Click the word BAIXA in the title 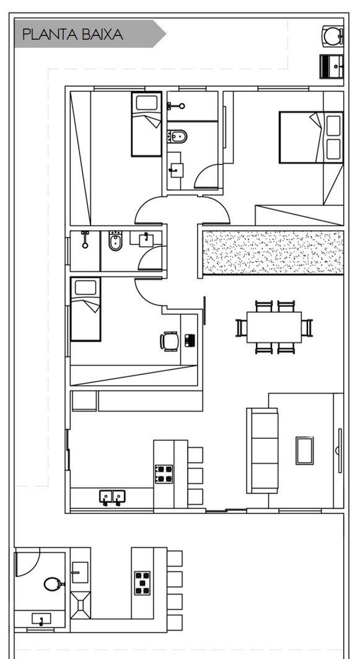coord(102,35)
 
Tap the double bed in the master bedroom coord(311,137)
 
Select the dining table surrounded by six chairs coord(274,327)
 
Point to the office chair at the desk coord(170,341)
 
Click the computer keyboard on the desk coord(190,340)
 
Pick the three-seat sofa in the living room coord(262,451)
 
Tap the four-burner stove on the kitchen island coord(164,474)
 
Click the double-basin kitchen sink coord(112,497)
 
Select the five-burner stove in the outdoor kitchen coord(143,583)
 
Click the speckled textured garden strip coord(273,252)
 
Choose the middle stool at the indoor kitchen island coord(195,475)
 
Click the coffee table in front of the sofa coord(305,451)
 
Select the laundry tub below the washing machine coord(332,66)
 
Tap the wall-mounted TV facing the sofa coord(340,451)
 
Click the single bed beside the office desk coord(86,309)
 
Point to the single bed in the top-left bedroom coord(147,124)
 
